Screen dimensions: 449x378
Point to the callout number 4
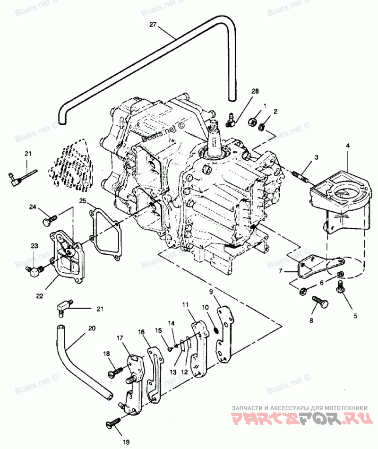[x=347, y=147]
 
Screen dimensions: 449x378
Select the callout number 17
[x=120, y=338]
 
